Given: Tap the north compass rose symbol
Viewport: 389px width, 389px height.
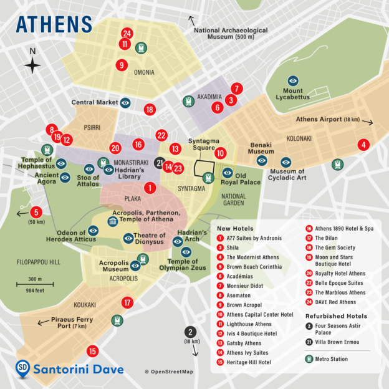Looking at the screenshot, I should coord(33,65).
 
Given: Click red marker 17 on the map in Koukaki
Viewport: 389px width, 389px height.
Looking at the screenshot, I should coord(128,303).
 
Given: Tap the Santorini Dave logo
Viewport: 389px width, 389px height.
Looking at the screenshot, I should coord(69,369).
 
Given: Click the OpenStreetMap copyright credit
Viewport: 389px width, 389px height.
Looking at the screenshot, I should coord(169,372).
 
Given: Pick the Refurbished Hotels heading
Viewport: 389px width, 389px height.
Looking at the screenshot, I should coord(336,316).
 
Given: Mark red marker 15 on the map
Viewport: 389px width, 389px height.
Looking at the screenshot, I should coord(92,351).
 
